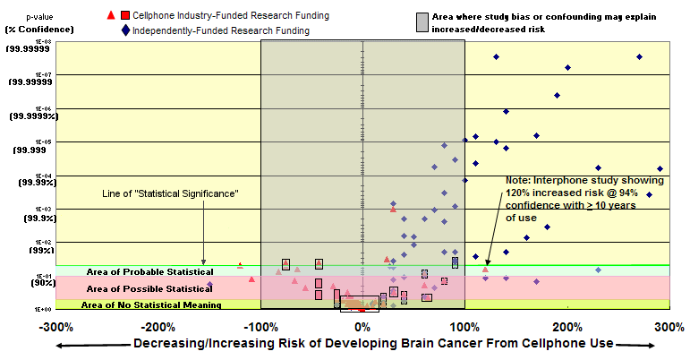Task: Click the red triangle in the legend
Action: pyautogui.click(x=110, y=15)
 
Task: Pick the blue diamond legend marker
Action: pyautogui.click(x=124, y=30)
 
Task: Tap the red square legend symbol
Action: pyautogui.click(x=124, y=15)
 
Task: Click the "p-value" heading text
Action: pyautogui.click(x=27, y=15)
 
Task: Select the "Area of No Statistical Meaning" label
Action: pyautogui.click(x=151, y=305)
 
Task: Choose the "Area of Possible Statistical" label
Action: pyautogui.click(x=149, y=288)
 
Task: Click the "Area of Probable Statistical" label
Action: pyautogui.click(x=149, y=271)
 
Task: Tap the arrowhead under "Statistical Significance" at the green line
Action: pyautogui.click(x=204, y=261)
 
